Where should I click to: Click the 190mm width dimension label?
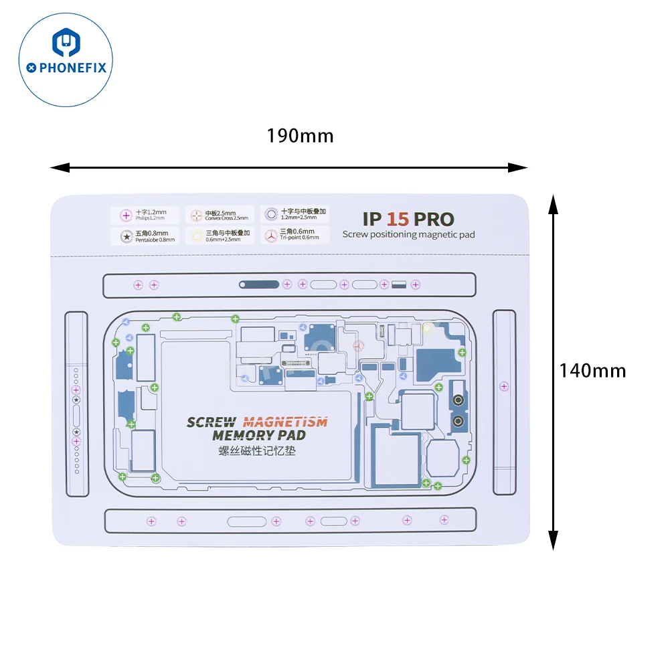pos(300,136)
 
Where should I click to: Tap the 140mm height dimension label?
pos(592,370)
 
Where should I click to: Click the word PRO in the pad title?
pos(433,219)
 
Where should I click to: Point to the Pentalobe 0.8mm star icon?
pos(124,236)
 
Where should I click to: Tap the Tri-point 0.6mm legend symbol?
pos(270,236)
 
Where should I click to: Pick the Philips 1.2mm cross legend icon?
pos(124,216)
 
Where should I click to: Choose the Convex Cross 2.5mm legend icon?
pos(196,216)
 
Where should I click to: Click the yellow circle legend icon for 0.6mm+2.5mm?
pos(196,236)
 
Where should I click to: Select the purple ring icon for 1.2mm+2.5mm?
pos(270,215)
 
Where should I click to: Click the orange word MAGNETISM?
pos(285,422)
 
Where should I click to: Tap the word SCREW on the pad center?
pos(211,422)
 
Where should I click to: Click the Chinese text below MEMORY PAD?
pos(257,451)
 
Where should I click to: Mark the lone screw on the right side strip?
pos(504,386)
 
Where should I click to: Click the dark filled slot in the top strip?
pos(259,284)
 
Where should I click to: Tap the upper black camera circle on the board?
pos(458,401)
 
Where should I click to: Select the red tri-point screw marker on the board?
pos(357,346)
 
